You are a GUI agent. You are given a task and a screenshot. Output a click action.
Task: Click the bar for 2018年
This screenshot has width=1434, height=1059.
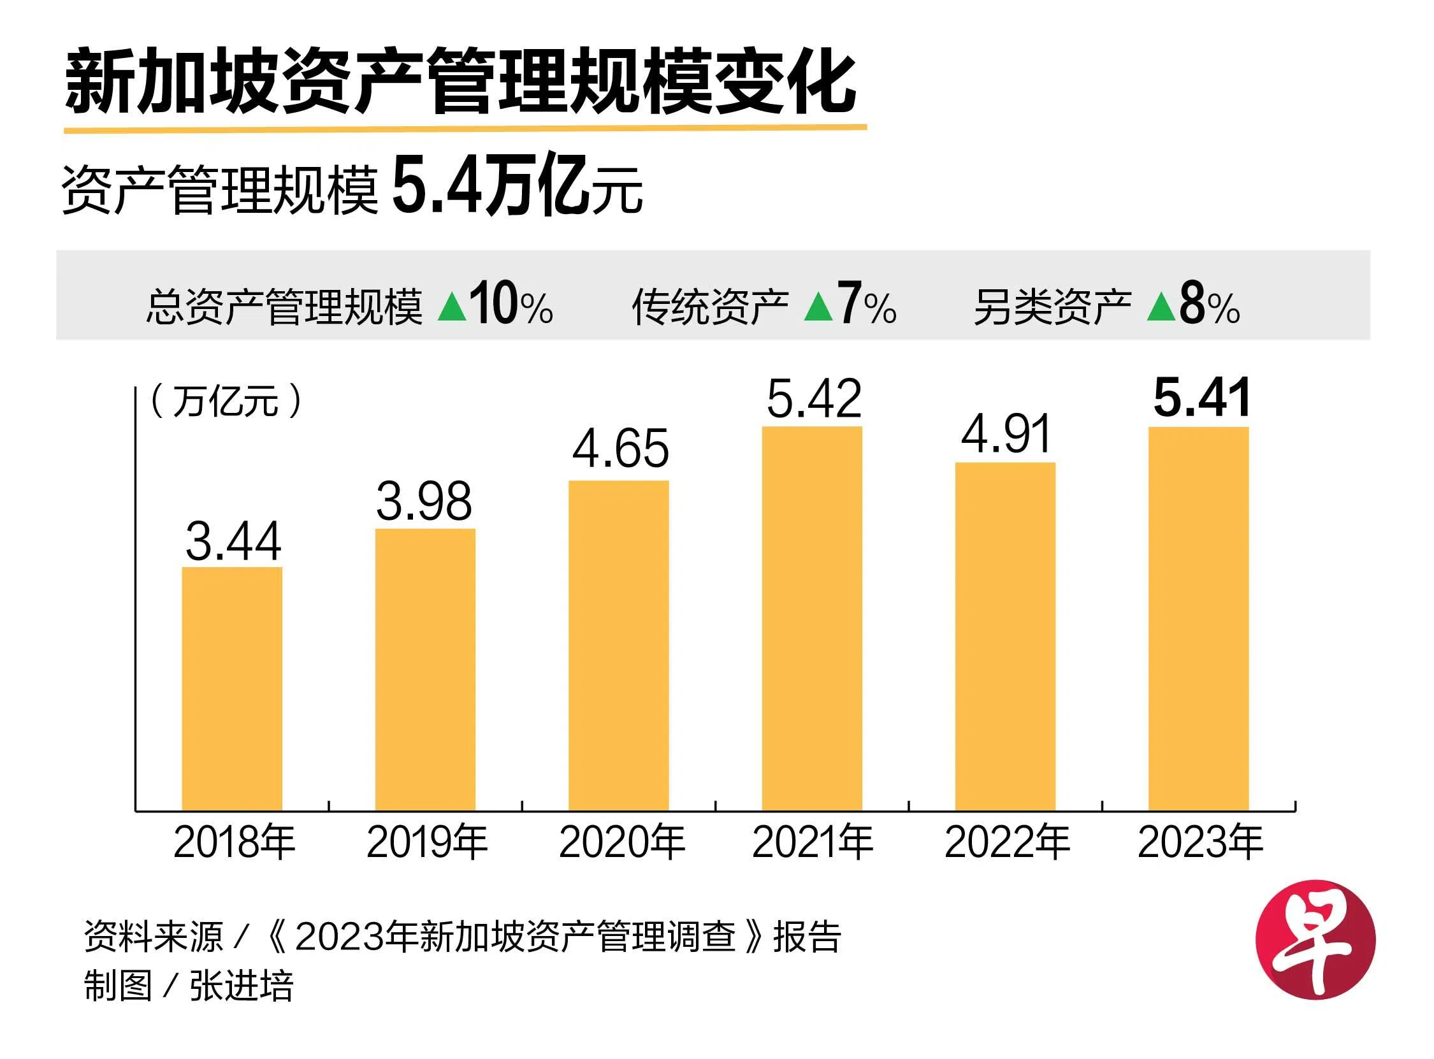232,689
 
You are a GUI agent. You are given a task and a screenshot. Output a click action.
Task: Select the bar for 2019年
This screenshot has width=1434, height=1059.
425,669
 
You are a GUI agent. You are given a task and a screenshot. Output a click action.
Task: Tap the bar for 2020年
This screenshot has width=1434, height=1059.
619,645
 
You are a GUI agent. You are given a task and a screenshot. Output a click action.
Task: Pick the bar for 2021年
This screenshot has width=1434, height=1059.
811,618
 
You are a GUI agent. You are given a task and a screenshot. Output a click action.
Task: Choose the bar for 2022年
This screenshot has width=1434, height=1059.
1005,636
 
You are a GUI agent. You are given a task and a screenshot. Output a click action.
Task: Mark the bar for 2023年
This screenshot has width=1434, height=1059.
1198,618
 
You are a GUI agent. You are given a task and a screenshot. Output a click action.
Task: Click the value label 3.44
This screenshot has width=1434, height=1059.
233,541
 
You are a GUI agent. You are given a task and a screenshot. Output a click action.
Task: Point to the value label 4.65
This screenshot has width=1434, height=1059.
620,449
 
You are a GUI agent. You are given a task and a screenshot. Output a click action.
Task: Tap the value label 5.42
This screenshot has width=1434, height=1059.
813,399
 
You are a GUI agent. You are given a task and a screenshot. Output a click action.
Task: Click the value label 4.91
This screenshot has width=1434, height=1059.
1006,434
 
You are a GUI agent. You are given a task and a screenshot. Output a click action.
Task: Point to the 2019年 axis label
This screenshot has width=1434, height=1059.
427,842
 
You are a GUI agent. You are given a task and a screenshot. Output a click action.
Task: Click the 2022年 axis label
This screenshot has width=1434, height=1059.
1006,842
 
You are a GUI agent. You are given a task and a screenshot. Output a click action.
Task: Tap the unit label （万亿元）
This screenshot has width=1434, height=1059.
226,402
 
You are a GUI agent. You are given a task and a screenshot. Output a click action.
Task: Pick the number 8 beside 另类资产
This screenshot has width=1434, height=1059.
1192,305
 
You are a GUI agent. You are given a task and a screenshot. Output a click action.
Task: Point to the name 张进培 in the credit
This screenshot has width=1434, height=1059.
241,986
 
